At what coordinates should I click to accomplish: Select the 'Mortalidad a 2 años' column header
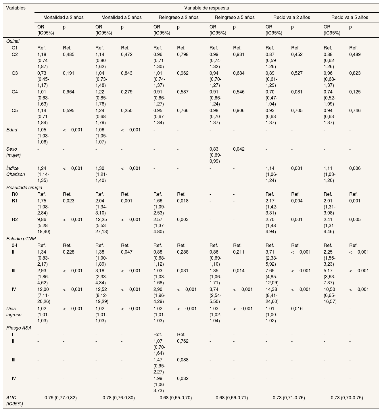(x=63, y=17)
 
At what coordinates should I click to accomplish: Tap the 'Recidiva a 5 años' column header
(x=350, y=17)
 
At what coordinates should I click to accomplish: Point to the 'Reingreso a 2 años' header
(x=178, y=17)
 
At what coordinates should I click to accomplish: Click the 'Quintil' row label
(x=13, y=41)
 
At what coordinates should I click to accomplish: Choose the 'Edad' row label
(x=12, y=130)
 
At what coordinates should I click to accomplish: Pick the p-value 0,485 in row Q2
(x=69, y=54)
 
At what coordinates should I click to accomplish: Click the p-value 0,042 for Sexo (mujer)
(x=239, y=149)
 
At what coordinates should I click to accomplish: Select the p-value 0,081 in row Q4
(x=297, y=92)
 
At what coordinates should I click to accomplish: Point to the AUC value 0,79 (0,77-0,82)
(x=60, y=398)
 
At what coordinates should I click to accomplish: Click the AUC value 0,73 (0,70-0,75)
(x=347, y=398)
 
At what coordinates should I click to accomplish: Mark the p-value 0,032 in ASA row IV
(x=183, y=379)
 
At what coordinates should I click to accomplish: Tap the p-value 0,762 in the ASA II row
(x=183, y=341)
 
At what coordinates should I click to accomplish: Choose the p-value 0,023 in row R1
(x=69, y=201)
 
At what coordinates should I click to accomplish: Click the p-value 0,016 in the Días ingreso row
(x=297, y=309)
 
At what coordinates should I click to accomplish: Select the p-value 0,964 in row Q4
(x=69, y=92)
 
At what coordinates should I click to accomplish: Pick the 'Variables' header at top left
(x=16, y=8)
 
